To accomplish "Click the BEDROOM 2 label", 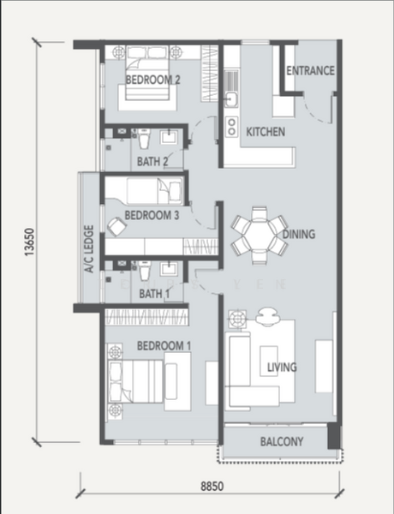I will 153,81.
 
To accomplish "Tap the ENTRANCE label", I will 309,71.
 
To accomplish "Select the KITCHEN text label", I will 266,133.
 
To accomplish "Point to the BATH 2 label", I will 152,160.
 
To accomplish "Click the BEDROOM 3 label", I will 151,216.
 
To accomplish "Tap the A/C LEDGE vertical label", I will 88,249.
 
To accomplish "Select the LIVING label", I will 282,368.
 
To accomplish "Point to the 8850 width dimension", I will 212,486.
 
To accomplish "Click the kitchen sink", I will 231,99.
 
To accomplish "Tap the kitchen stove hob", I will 231,127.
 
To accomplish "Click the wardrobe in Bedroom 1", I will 147,316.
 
